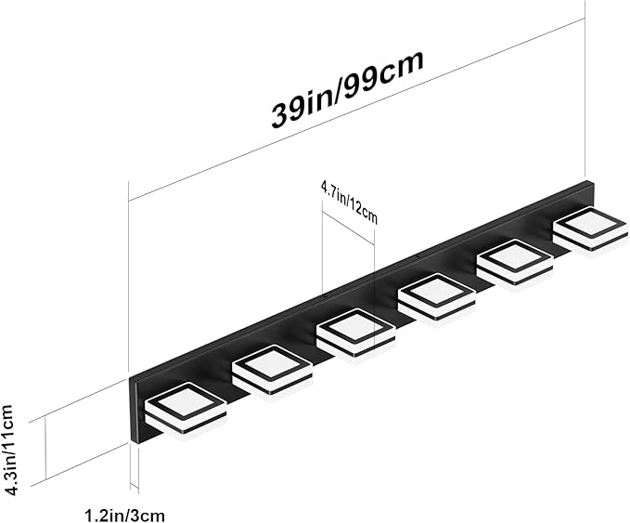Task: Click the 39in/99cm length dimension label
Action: (x=348, y=89)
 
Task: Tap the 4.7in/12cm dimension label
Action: (x=349, y=203)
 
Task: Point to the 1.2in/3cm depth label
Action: (x=124, y=515)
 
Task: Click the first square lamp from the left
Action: (x=186, y=409)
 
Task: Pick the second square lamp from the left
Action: (x=273, y=370)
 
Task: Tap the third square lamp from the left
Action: (x=356, y=333)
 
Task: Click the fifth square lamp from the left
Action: (x=515, y=262)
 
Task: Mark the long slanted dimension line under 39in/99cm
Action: (x=356, y=109)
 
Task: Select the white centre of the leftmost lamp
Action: (x=186, y=403)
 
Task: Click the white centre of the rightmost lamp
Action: (x=590, y=225)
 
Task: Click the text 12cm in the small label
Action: (x=364, y=210)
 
